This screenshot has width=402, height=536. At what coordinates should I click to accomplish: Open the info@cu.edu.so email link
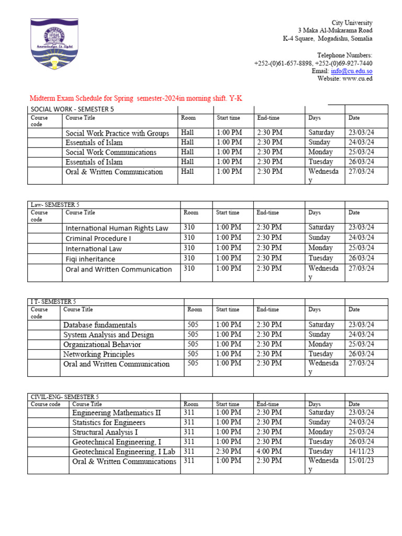[352, 71]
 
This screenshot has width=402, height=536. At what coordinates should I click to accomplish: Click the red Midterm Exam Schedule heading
[136, 98]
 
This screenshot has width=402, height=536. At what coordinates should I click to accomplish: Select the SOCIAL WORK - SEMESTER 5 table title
[72, 109]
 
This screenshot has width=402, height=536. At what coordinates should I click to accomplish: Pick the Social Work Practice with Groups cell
[117, 133]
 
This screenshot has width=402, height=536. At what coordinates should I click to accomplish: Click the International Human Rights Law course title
[117, 228]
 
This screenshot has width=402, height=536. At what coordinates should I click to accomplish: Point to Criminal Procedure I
[98, 238]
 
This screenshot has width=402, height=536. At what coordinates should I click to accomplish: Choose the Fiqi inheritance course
[90, 259]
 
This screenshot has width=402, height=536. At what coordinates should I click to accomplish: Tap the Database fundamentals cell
[100, 325]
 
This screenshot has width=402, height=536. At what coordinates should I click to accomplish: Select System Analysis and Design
[108, 334]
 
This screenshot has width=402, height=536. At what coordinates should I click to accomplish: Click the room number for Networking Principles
[193, 354]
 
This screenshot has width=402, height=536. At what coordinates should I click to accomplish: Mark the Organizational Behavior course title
[102, 344]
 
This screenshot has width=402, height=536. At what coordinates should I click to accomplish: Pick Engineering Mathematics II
[116, 412]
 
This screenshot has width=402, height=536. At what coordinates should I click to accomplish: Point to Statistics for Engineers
[109, 422]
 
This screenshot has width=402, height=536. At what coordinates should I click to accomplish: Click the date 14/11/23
[361, 451]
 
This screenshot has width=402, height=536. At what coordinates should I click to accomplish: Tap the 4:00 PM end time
[269, 451]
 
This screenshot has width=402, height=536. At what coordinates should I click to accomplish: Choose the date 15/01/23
[361, 461]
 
